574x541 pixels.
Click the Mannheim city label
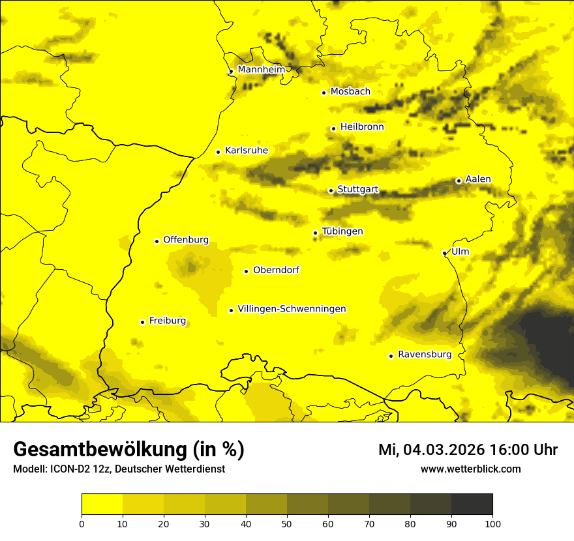click(x=261, y=69)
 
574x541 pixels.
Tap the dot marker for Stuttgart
click(x=331, y=190)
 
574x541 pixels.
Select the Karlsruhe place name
click(x=246, y=151)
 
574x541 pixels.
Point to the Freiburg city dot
click(x=142, y=322)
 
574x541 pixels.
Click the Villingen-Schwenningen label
click(x=292, y=309)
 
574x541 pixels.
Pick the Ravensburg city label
click(x=424, y=355)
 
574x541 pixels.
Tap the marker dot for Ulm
click(x=444, y=253)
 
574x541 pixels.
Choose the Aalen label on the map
click(x=478, y=179)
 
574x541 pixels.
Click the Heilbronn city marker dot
click(x=333, y=128)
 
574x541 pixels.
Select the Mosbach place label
click(x=350, y=91)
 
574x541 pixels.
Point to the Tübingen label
click(x=342, y=231)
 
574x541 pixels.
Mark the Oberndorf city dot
click(x=246, y=271)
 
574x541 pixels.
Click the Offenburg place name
click(x=186, y=240)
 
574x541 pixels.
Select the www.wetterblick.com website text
click(x=470, y=469)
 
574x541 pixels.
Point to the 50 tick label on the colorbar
click(x=287, y=523)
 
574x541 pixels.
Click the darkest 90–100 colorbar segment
click(x=472, y=504)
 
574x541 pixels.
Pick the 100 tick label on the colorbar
click(x=492, y=523)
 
